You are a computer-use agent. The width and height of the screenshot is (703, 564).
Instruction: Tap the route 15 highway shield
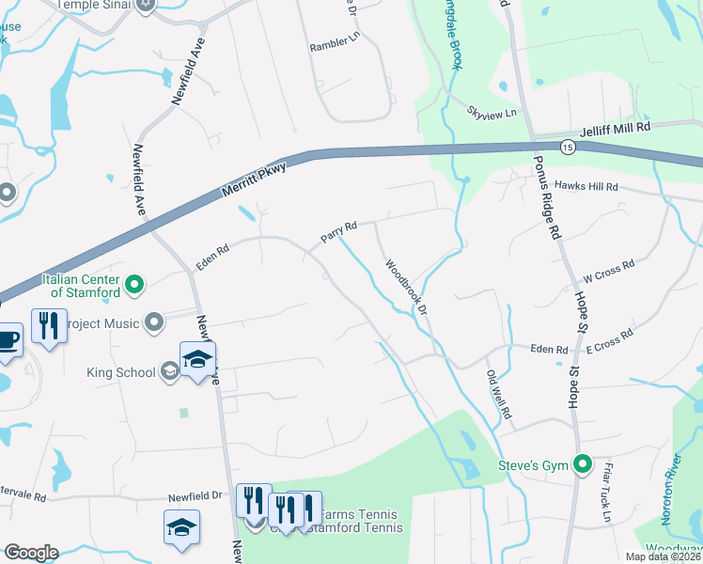point(568,147)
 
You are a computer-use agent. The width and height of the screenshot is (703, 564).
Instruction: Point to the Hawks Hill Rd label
point(586,187)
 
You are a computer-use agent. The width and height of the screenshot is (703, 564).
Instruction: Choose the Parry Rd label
point(339,232)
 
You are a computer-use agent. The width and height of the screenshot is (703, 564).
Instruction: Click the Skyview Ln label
point(492,114)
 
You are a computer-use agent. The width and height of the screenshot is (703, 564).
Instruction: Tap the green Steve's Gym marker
point(583,463)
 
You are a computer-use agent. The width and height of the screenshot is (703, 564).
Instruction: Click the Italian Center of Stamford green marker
point(134,282)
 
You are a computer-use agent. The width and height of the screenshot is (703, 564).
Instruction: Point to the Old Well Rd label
point(499,394)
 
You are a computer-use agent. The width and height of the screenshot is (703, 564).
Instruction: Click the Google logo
point(31,553)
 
